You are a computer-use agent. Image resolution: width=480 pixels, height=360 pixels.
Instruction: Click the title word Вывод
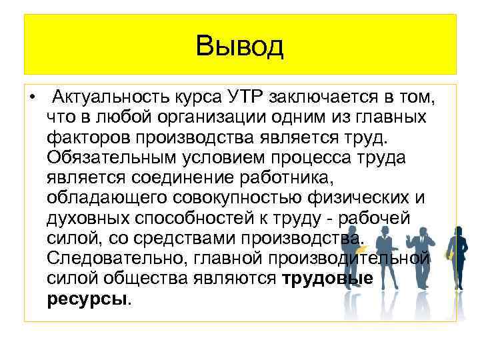click(x=240, y=47)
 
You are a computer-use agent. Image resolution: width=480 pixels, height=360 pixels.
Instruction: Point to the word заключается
click(x=320, y=99)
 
